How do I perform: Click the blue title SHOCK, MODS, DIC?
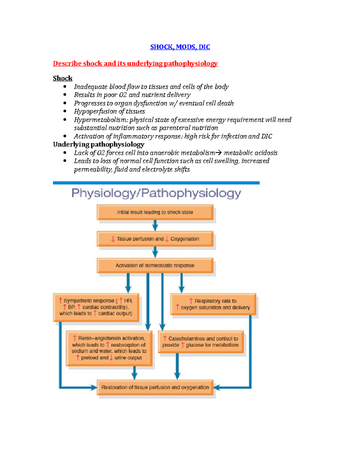[x=180, y=47]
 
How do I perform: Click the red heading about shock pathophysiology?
[x=135, y=64]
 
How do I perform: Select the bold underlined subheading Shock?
[x=63, y=78]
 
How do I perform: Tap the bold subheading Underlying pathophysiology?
[x=98, y=144]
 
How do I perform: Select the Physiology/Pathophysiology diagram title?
[x=156, y=193]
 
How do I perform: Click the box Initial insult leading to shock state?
[x=155, y=212]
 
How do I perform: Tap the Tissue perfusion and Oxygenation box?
[x=155, y=239]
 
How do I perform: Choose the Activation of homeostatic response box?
[x=155, y=266]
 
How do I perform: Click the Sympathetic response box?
[x=96, y=307]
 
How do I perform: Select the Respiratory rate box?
[x=213, y=304]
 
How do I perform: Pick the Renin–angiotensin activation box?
[x=109, y=348]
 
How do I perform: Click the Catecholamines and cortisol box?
[x=201, y=342]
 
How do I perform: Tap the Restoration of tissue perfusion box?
[x=155, y=387]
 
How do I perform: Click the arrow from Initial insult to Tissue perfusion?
[x=155, y=225]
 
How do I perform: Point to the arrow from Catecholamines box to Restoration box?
[x=177, y=367]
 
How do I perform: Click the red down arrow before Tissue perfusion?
[x=113, y=239]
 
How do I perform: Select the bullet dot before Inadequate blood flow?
[x=65, y=87]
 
